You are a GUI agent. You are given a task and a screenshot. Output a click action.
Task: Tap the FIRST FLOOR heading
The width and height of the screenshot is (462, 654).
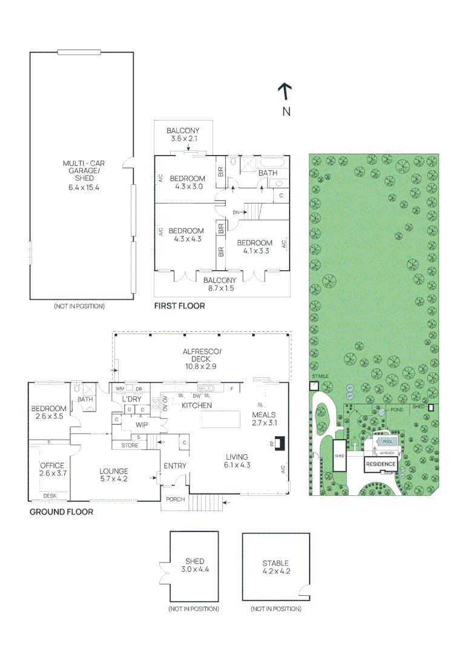[179, 306]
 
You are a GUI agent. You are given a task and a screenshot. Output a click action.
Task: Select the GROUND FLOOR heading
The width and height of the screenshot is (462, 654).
[61, 512]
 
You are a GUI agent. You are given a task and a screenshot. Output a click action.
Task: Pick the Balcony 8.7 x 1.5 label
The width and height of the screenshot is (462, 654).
[219, 285]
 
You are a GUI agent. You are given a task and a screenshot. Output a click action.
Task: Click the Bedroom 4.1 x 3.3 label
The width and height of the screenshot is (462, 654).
[258, 246]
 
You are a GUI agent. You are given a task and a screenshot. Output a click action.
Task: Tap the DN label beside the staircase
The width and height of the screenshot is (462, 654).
[237, 213]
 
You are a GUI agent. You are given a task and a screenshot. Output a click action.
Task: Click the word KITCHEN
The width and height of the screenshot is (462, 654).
[197, 405]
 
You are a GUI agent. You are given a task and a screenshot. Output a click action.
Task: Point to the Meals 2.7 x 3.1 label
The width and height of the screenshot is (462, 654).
[264, 418]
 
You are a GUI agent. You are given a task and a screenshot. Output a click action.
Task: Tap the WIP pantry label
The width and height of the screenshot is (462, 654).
[142, 425]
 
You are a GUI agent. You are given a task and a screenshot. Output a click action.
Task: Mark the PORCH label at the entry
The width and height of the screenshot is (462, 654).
[175, 500]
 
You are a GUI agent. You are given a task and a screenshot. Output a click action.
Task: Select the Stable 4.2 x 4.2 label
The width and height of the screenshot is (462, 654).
[276, 567]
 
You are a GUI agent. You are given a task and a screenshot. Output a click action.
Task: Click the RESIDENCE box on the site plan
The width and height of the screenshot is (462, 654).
[381, 464]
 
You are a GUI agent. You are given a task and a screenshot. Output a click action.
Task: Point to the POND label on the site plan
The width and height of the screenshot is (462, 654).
[397, 410]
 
